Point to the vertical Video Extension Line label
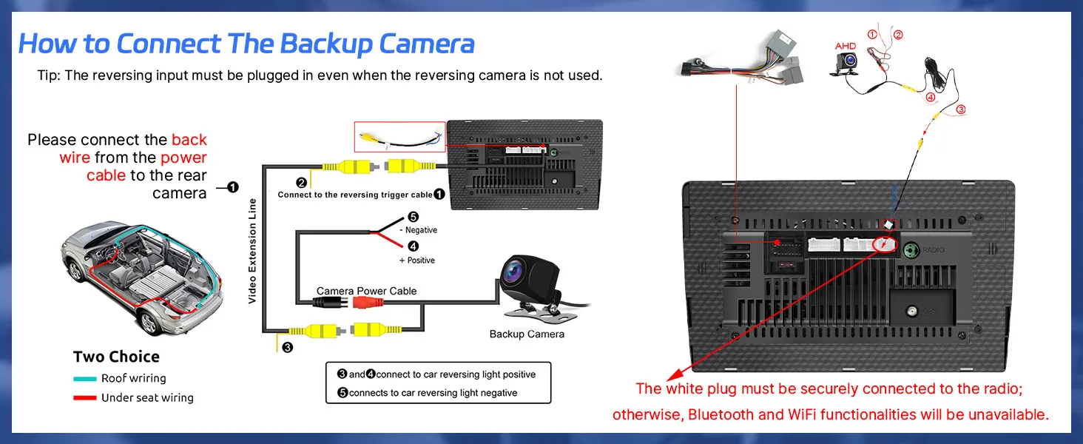click(252, 251)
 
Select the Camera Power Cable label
click(366, 291)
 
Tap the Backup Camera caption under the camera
click(527, 334)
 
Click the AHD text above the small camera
click(845, 46)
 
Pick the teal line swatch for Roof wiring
click(85, 379)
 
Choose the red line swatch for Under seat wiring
click(85, 398)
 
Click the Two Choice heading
click(116, 357)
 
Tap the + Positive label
click(417, 260)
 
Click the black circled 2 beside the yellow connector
click(302, 183)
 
